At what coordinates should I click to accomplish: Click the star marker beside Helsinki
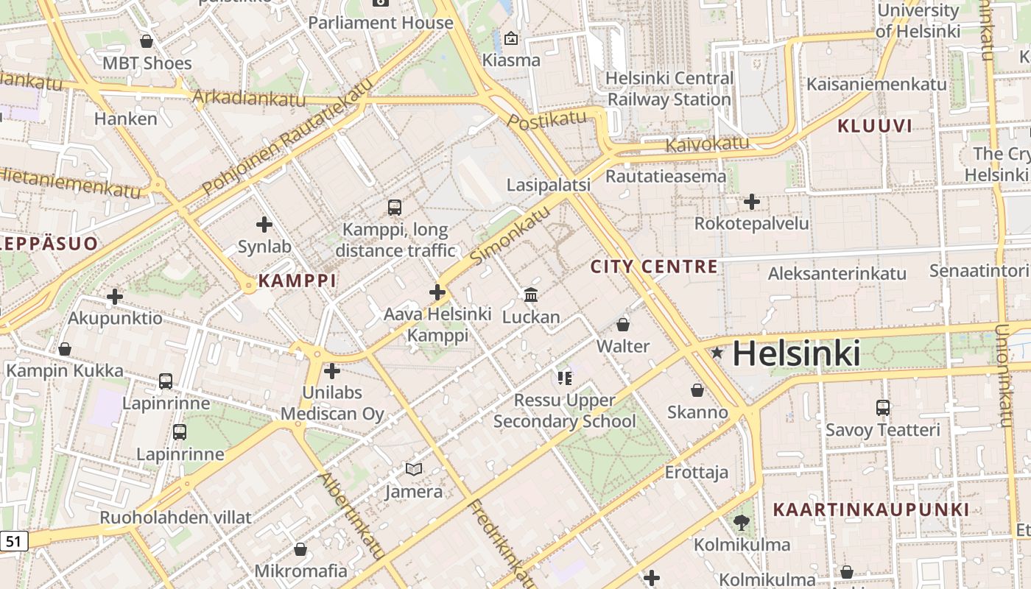717,353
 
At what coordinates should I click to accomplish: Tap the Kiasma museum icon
511,38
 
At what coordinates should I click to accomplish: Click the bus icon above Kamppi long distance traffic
395,208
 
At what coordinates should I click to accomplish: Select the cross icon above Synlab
264,225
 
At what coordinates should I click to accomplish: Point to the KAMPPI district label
298,281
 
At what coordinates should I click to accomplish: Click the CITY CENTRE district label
654,267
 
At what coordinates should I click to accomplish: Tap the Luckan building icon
530,295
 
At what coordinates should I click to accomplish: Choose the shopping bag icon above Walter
623,324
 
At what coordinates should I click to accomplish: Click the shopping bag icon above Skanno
697,390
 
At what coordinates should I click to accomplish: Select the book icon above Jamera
414,469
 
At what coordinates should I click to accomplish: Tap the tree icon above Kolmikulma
742,523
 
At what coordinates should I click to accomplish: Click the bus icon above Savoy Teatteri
882,407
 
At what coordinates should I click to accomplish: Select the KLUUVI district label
875,126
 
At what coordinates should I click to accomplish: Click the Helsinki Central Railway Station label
669,88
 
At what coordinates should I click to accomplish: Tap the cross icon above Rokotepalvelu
751,201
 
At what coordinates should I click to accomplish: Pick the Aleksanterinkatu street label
837,274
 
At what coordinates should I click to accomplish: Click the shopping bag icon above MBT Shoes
147,41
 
